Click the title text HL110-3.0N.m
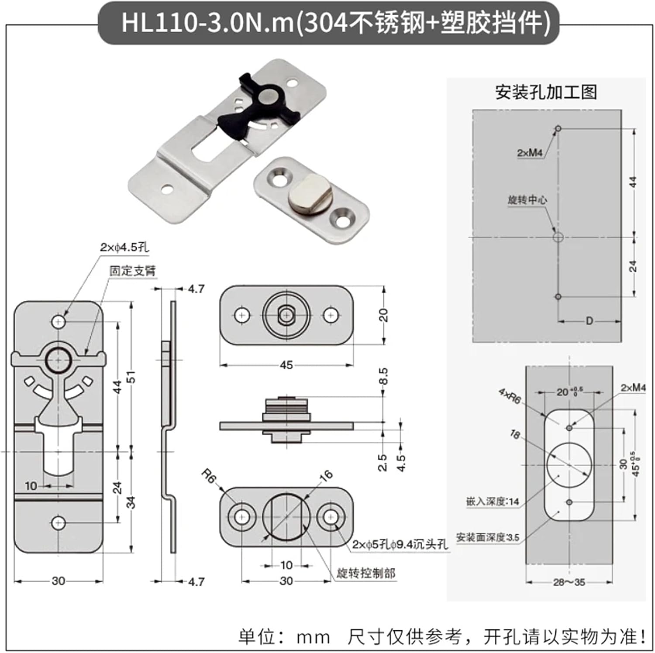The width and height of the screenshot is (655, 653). coord(208,23)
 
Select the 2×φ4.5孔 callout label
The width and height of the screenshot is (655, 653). coord(124,247)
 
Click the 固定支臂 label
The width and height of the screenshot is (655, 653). coord(132,271)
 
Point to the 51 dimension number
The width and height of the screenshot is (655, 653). coord(131,377)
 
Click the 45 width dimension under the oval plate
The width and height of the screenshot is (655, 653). coord(286,365)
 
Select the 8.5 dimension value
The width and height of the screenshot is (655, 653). coord(383,376)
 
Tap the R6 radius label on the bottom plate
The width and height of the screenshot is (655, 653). coord(209,476)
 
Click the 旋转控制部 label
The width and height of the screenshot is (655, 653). coord(366,573)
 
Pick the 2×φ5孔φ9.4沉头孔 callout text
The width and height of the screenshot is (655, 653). coord(400,544)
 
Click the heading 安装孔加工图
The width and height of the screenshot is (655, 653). coord(546,92)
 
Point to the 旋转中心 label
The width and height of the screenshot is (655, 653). coord(527,200)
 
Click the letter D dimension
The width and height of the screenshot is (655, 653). coord(589,321)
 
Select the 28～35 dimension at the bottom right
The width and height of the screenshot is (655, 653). coord(569,582)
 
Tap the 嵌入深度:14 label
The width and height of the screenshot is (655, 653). coord(493,502)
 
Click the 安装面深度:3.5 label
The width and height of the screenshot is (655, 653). coord(487,537)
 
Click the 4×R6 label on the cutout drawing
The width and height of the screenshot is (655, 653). coord(510,396)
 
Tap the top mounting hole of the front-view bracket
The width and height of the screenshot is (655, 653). coord(59,322)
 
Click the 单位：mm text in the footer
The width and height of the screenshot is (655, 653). coord(284,637)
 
